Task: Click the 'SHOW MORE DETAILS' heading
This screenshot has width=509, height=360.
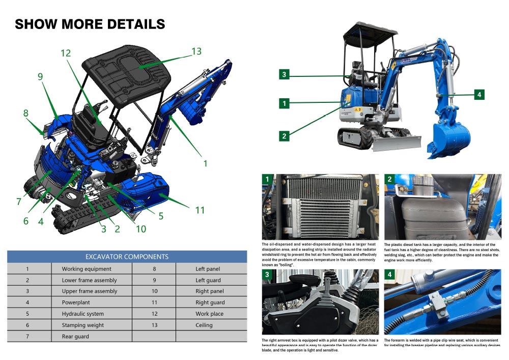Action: click(x=90, y=24)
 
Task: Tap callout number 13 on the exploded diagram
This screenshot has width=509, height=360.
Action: click(x=196, y=51)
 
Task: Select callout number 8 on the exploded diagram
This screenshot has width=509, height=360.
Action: click(x=26, y=113)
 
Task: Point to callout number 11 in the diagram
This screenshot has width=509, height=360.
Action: click(x=199, y=210)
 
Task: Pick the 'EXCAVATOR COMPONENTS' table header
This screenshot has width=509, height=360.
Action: click(x=127, y=256)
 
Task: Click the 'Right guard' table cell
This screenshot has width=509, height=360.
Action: click(x=210, y=302)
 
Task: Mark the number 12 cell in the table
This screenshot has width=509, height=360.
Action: click(x=154, y=314)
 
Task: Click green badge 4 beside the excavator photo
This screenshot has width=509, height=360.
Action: click(x=478, y=94)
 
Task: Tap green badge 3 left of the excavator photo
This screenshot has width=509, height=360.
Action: click(x=285, y=75)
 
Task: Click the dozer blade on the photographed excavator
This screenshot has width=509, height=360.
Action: click(x=397, y=143)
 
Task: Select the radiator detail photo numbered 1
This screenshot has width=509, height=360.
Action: click(x=320, y=207)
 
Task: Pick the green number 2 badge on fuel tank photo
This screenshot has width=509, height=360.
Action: click(x=389, y=179)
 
